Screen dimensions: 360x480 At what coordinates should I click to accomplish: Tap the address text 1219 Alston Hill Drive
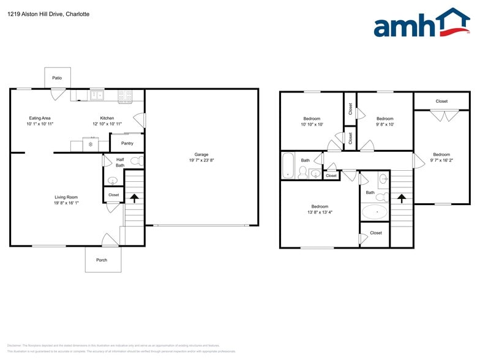(42, 13)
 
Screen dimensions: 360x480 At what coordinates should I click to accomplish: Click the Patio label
(57, 78)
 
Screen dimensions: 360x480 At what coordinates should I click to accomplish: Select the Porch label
(102, 260)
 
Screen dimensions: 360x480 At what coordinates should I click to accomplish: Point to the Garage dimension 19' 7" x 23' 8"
(201, 160)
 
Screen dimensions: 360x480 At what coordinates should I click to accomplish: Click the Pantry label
(127, 143)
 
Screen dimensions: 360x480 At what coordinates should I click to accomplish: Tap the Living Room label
(66, 197)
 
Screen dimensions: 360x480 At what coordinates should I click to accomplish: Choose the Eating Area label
(40, 118)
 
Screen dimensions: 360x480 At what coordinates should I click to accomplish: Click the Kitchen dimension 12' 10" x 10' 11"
(107, 124)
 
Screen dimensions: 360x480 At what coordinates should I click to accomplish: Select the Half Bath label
(120, 162)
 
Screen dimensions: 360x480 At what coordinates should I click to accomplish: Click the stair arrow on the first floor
(134, 198)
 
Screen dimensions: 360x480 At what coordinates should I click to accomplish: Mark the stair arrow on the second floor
(402, 198)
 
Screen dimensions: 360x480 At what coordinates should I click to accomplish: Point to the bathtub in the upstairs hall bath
(288, 166)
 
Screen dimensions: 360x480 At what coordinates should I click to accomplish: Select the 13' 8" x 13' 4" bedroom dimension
(320, 212)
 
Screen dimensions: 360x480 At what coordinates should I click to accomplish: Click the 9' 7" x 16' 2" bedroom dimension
(441, 160)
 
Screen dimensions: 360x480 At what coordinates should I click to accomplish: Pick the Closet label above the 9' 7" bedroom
(441, 101)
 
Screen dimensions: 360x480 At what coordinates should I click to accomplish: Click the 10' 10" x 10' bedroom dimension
(312, 124)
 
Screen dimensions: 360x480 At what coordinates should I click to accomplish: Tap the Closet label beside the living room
(113, 195)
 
